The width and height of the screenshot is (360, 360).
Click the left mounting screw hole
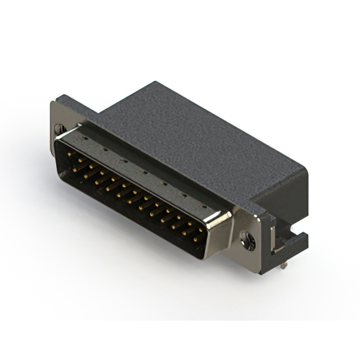point(60,128)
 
